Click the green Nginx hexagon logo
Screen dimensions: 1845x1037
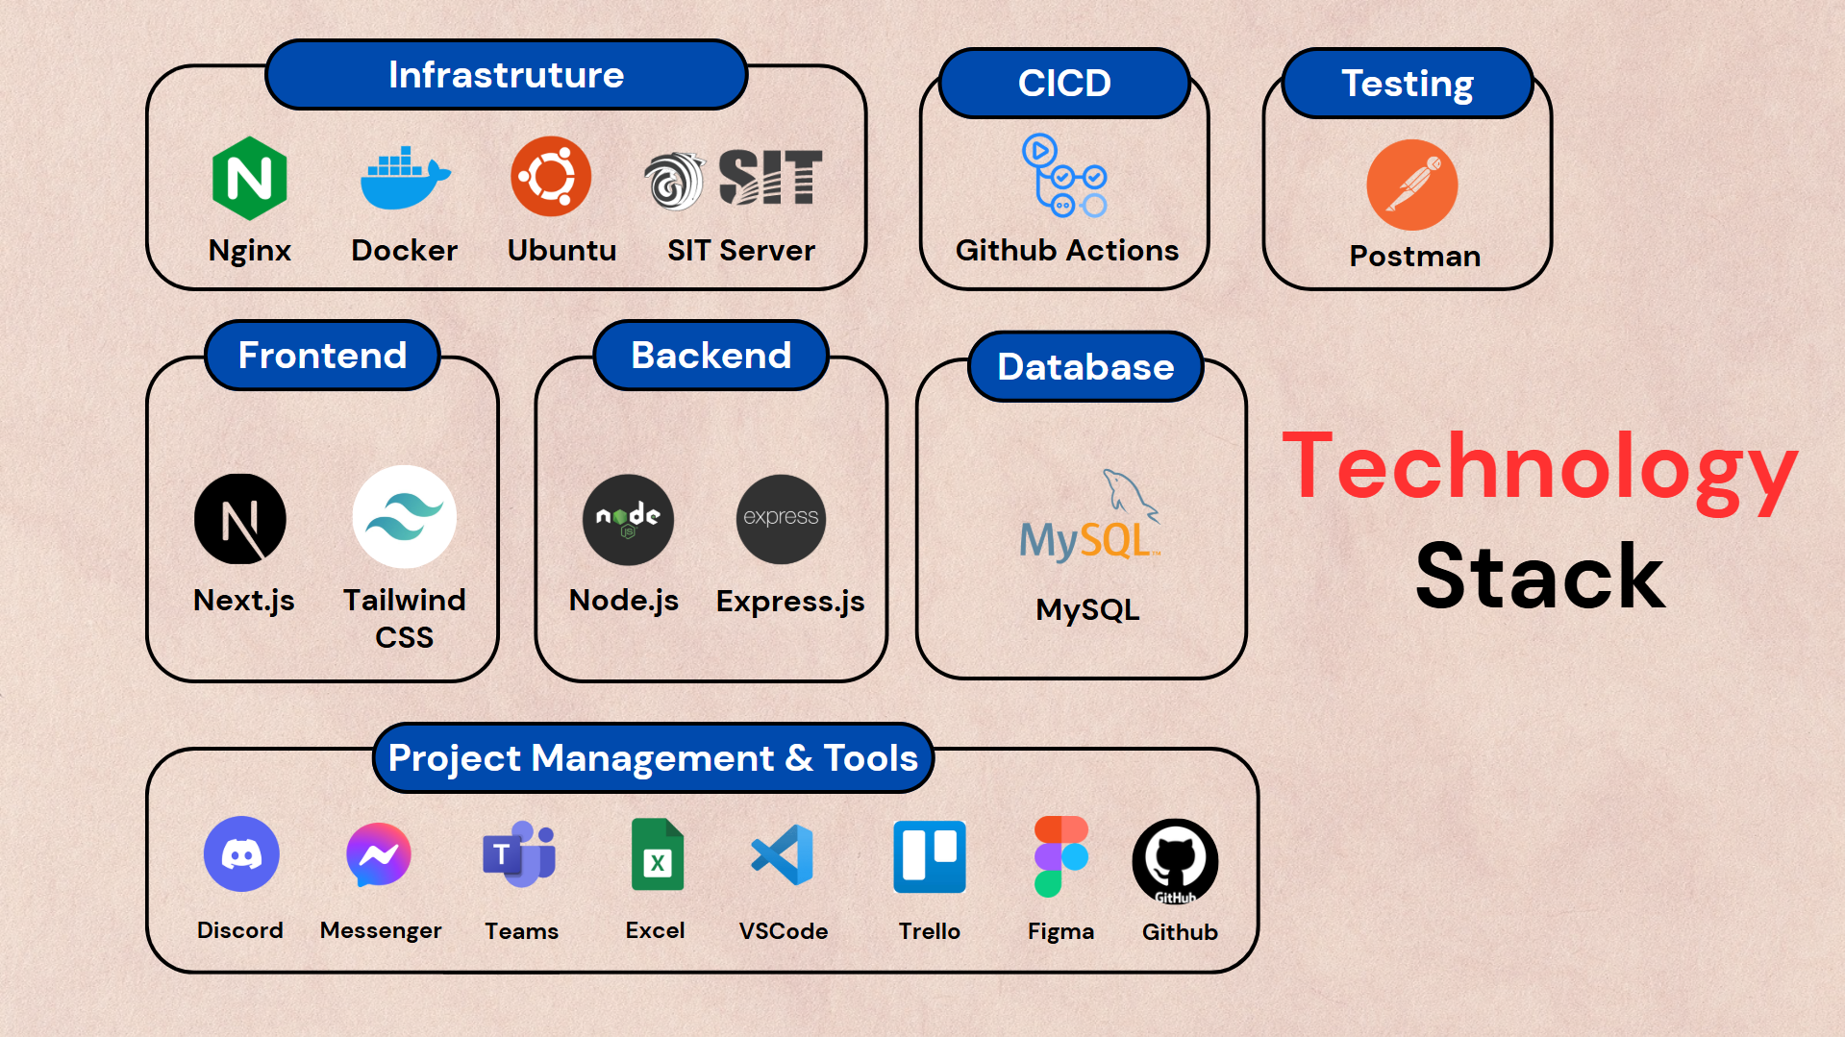pos(249,178)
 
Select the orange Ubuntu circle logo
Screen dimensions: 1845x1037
pos(551,176)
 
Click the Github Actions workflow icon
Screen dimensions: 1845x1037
pos(1064,176)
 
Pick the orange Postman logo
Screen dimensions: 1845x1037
pos(1411,185)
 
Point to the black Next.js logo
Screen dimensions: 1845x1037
pos(240,519)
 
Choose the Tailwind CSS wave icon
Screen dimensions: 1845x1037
pos(404,517)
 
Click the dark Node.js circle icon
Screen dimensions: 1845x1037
pos(628,519)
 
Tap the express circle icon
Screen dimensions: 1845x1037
pos(781,519)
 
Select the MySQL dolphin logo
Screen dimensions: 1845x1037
pos(1090,515)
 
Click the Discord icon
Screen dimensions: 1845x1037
pos(241,853)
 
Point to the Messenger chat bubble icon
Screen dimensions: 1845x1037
pos(379,854)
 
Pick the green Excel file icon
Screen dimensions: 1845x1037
pos(658,854)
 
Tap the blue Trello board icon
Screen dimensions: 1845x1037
pos(930,856)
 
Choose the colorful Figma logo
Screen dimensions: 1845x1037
pos(1061,856)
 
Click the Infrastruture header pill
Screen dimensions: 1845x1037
pos(507,74)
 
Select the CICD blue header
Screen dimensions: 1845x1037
pos(1064,83)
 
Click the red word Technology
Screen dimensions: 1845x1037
pos(1539,469)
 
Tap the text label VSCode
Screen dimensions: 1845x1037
pos(784,931)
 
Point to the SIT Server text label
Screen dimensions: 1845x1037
pos(741,251)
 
